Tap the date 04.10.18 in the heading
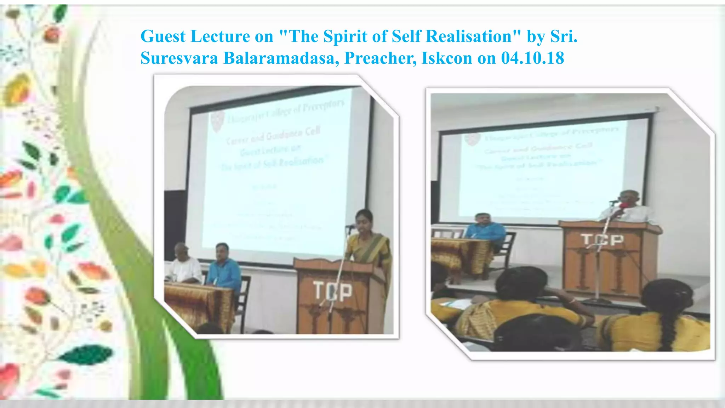[532, 58]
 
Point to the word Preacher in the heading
[381, 58]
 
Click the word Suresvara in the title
[179, 58]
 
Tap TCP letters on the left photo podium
[332, 291]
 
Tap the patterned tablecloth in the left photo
[198, 305]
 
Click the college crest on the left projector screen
[217, 121]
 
